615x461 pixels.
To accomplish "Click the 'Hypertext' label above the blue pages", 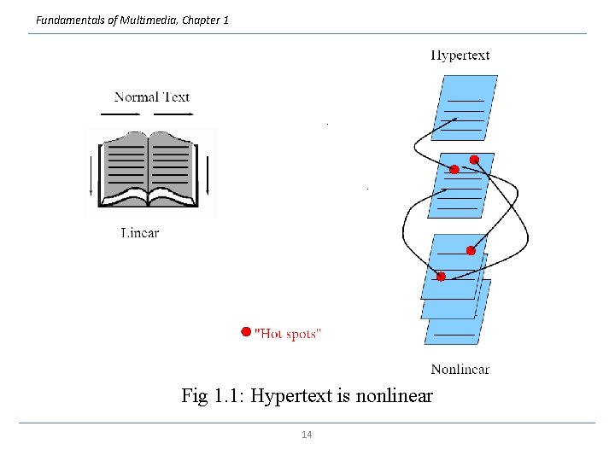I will [x=460, y=55].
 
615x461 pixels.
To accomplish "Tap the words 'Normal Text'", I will [x=152, y=96].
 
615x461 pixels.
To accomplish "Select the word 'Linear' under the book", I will [x=139, y=232].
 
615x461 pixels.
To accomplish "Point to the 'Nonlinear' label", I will [x=460, y=369].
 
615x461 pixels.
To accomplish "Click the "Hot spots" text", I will [x=289, y=334].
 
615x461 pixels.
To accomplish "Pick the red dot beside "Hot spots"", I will [x=246, y=331].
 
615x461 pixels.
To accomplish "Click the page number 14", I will [x=307, y=435].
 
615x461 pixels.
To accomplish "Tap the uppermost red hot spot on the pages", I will [x=475, y=159].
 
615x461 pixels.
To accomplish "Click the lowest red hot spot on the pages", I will [x=441, y=277].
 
